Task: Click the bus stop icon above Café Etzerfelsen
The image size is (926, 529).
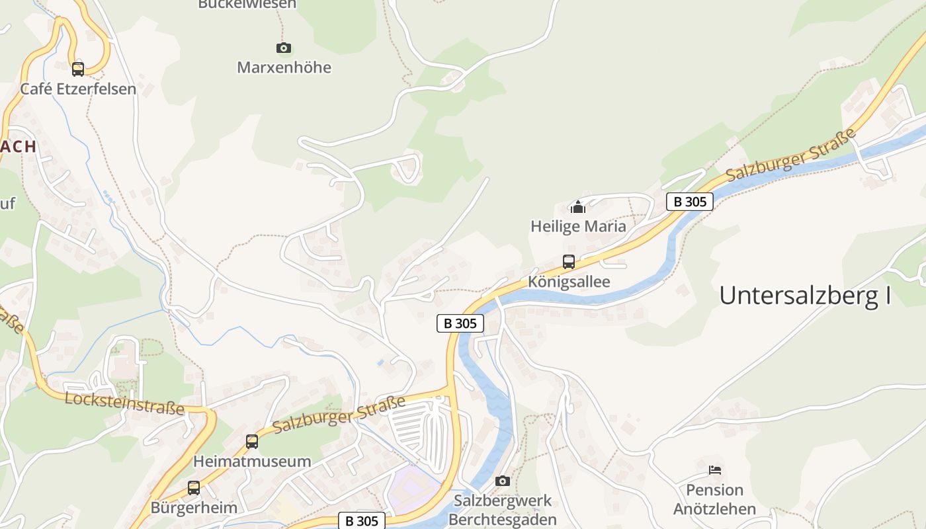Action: point(78,69)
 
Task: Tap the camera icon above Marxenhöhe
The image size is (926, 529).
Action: point(283,48)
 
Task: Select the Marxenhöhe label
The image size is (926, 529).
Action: point(284,67)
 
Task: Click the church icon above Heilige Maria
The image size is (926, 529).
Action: point(578,207)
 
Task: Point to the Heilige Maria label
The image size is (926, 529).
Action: point(578,226)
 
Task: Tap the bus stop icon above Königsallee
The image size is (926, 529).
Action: point(569,262)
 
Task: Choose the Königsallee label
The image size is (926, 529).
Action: point(569,282)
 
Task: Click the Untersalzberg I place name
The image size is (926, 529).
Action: point(805,295)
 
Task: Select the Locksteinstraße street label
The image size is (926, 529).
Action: point(124,403)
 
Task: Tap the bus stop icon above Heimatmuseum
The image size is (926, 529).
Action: point(252,442)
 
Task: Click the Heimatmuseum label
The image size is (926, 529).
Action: point(252,462)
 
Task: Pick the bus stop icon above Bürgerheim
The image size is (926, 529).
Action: point(194,488)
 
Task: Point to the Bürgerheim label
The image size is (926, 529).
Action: point(194,508)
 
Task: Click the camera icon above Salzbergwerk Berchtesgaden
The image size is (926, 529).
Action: point(503,481)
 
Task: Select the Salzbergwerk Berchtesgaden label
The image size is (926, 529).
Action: point(503,510)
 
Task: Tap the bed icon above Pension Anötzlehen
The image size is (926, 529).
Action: point(714,470)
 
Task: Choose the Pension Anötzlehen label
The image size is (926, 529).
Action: point(714,499)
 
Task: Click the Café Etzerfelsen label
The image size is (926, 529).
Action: point(78,89)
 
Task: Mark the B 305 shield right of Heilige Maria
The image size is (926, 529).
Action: point(690,202)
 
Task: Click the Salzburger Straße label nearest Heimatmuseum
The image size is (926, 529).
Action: point(339,415)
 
